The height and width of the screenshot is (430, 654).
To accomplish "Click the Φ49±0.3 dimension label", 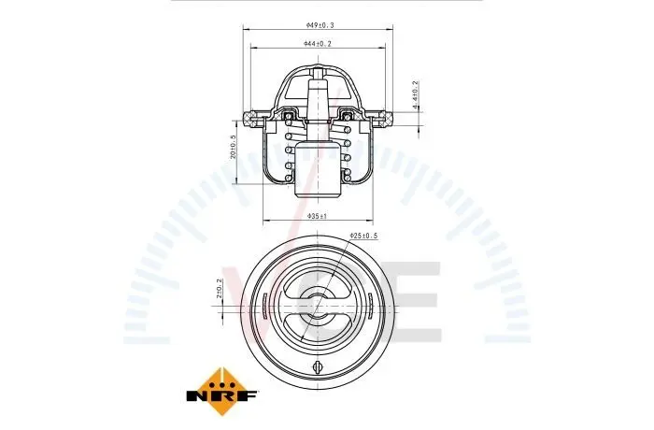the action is coord(320,25).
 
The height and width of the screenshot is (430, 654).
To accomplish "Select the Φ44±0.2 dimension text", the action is coord(318,43).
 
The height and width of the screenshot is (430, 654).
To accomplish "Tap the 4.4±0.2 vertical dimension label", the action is coord(415,95).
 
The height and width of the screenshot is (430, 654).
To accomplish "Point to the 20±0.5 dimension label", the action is coord(234,147).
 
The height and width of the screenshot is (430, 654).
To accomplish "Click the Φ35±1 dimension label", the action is coord(318,216).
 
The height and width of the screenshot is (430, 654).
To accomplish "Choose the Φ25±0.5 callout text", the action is coord(363,236).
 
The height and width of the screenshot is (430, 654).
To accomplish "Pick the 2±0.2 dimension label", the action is coord(219,288).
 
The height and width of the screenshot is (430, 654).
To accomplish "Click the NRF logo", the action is coord(222,391).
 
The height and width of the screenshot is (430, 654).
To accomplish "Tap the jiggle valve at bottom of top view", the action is coord(318,366).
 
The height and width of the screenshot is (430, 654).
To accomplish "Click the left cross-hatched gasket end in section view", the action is coord(249,118).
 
